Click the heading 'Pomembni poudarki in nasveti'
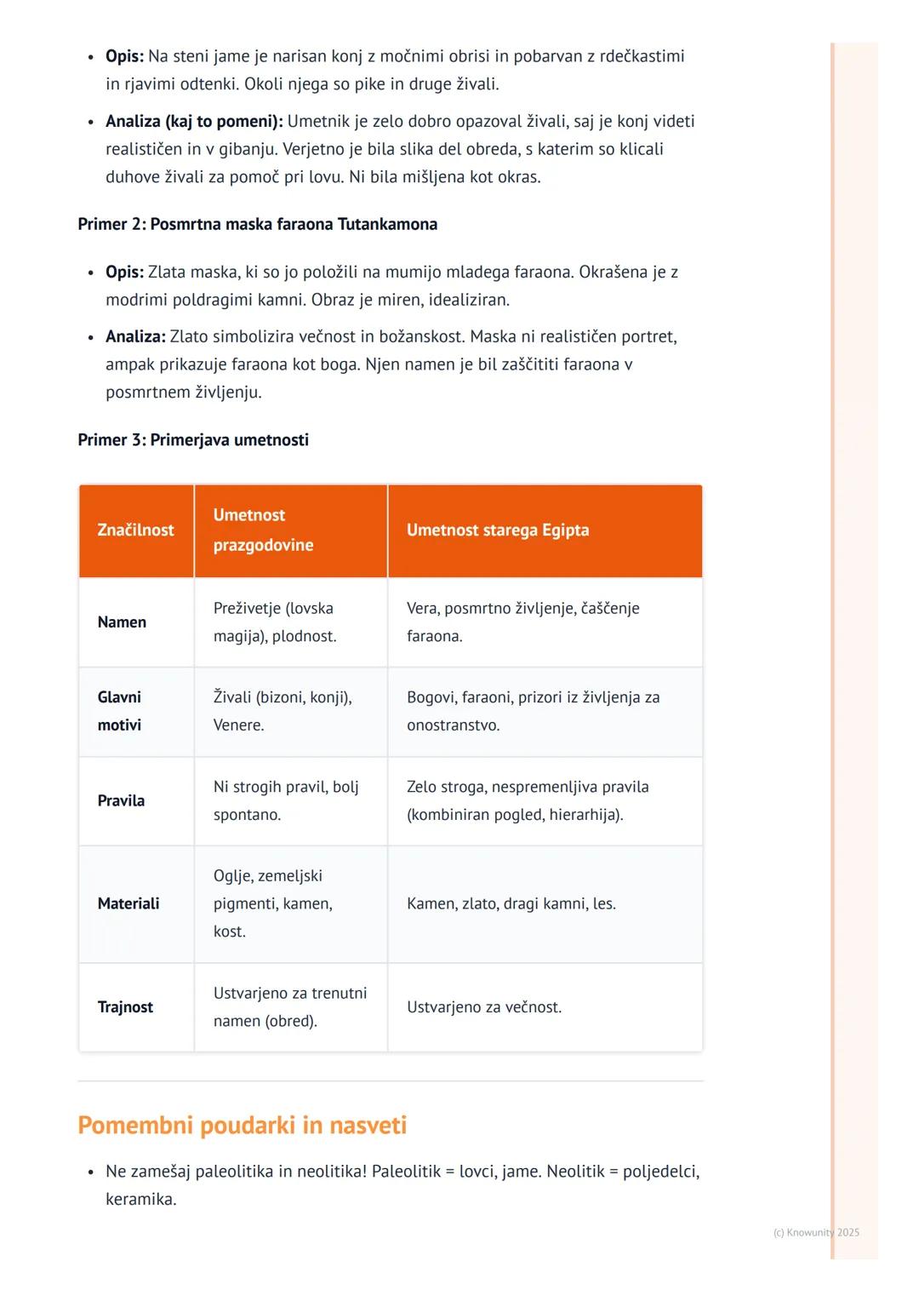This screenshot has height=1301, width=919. click(x=242, y=1125)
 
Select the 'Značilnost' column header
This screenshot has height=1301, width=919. click(x=135, y=530)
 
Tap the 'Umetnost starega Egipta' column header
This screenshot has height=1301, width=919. click(x=498, y=530)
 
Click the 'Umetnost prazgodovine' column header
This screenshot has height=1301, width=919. click(x=263, y=530)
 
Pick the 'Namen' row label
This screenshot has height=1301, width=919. click(x=122, y=622)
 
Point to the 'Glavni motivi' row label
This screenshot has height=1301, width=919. click(x=119, y=711)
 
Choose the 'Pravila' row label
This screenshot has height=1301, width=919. click(x=121, y=800)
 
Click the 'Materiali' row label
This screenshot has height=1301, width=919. click(x=128, y=903)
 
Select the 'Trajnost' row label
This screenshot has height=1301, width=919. click(x=125, y=1007)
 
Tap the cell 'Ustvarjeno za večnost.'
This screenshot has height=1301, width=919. click(x=484, y=1007)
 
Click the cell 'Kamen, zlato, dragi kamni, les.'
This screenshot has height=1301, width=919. click(x=511, y=903)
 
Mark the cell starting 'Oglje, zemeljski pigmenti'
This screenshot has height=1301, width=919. click(x=272, y=903)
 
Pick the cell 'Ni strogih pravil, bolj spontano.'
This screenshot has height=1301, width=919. click(x=286, y=800)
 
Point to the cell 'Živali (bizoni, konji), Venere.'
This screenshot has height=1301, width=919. click(x=283, y=711)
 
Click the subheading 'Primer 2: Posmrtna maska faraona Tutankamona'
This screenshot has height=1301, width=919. click(x=257, y=224)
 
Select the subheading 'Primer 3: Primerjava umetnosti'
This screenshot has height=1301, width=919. click(x=193, y=440)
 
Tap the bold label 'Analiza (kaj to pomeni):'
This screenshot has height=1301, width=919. click(x=194, y=121)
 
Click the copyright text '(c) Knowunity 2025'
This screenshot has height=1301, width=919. click(x=816, y=1232)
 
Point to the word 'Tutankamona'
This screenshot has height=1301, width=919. click(x=387, y=224)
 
